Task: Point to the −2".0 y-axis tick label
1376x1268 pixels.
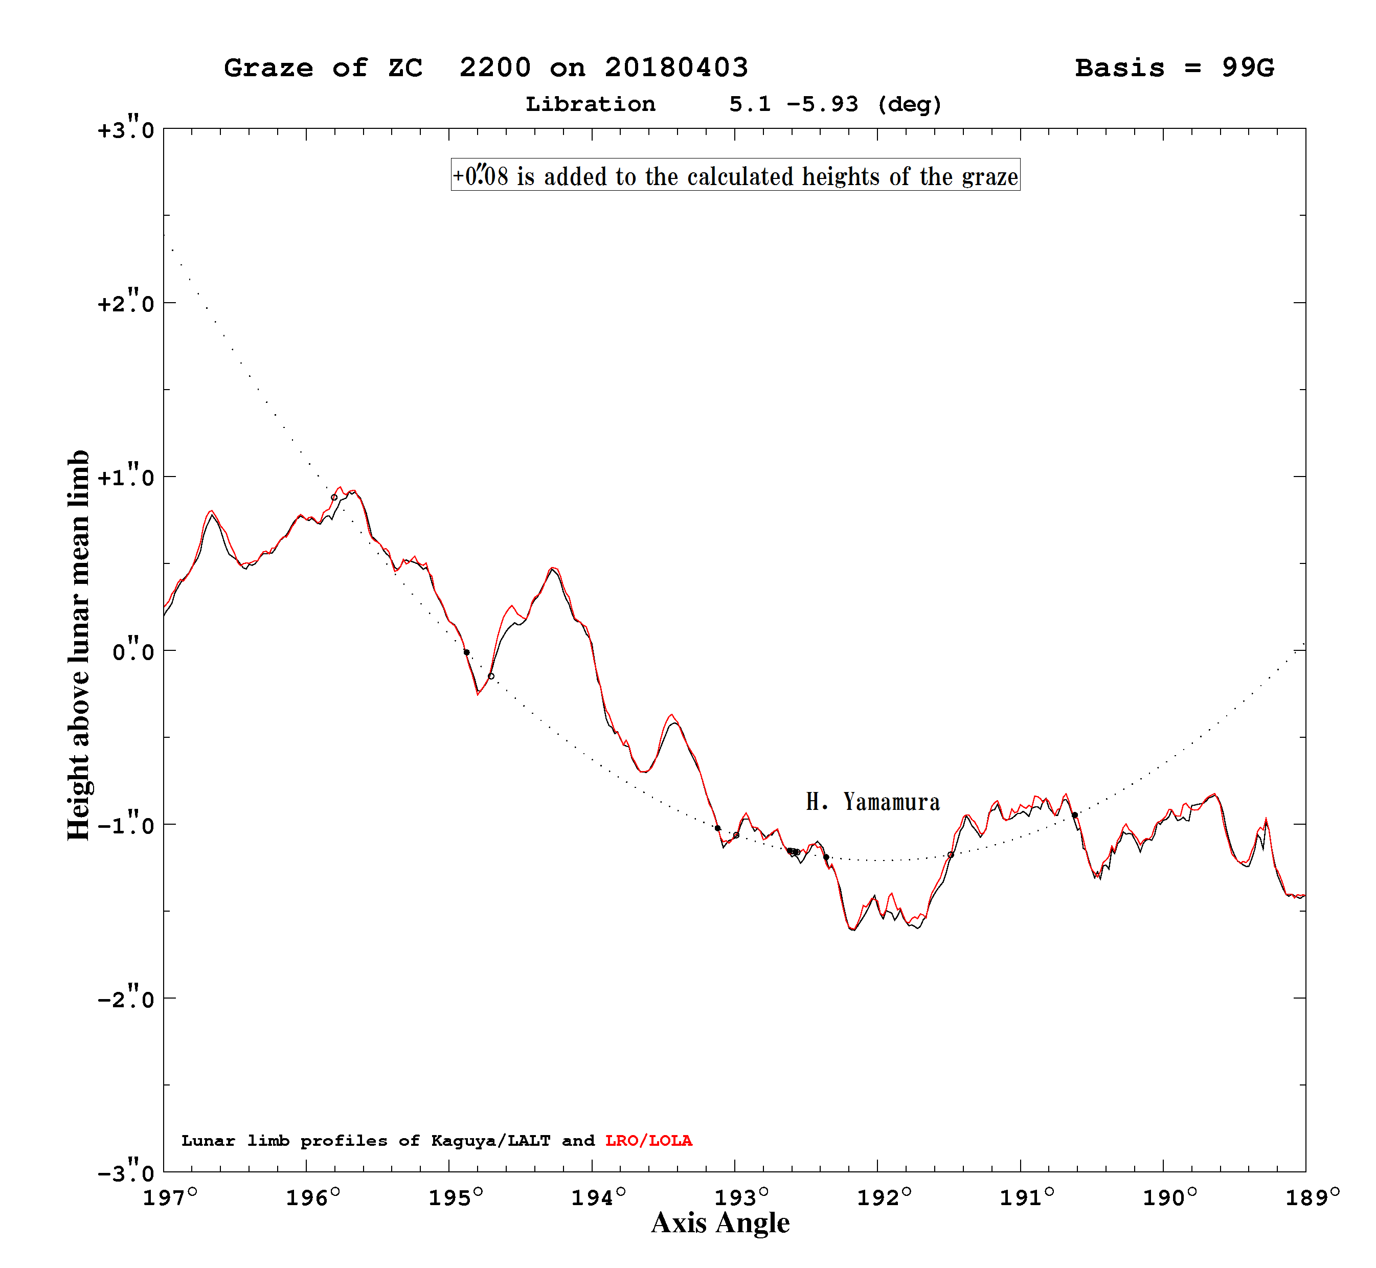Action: pos(126,999)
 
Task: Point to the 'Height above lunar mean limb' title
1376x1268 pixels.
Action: pos(78,645)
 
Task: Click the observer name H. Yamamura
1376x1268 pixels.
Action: pos(872,801)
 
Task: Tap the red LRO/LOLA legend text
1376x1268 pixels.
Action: pos(648,1140)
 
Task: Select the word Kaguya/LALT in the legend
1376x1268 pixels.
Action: pos(491,1140)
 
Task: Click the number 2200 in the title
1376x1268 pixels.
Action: pos(495,67)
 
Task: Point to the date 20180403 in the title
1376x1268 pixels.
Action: pos(676,67)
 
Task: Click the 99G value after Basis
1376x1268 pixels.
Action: pos(1248,68)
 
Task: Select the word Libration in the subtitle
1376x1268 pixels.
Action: pos(590,104)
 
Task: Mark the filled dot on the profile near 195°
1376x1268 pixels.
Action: pos(467,652)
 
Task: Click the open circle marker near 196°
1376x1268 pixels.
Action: pos(334,497)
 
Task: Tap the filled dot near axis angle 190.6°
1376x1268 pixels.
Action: pos(1075,815)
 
